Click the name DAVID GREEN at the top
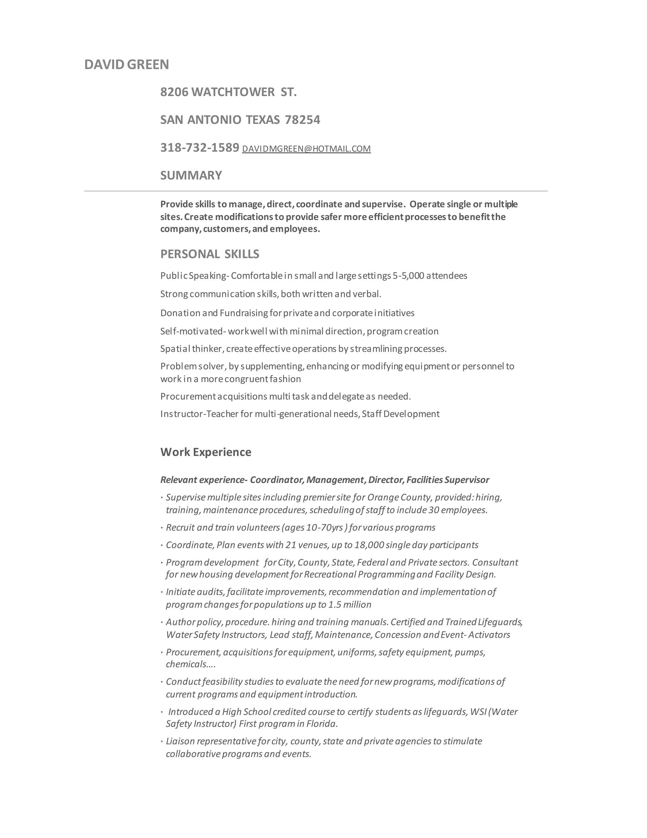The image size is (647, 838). pyautogui.click(x=126, y=65)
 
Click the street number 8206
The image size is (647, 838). pyautogui.click(x=174, y=92)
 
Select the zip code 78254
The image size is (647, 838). pyautogui.click(x=302, y=120)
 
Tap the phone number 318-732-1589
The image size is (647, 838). pyautogui.click(x=199, y=148)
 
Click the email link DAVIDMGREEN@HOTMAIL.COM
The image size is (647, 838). pyautogui.click(x=306, y=149)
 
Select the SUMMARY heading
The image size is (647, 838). pyautogui.click(x=191, y=176)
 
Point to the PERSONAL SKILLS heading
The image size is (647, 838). pyautogui.click(x=210, y=254)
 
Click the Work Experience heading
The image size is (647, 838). pyautogui.click(x=206, y=452)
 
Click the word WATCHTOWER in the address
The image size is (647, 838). pyautogui.click(x=233, y=92)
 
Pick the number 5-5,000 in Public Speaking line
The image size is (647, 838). pyautogui.click(x=408, y=276)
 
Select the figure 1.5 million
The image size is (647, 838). pyautogui.click(x=350, y=605)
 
